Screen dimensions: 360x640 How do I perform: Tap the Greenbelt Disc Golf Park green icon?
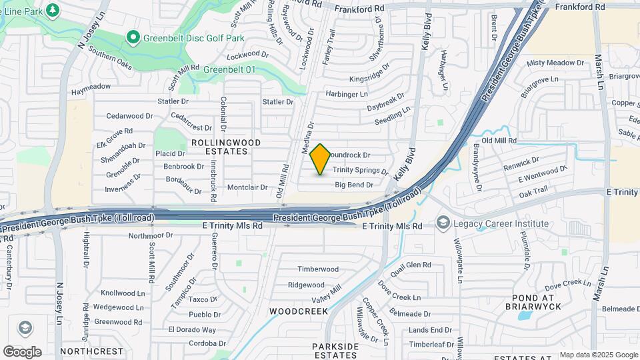tap(133, 37)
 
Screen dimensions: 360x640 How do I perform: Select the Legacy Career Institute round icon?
tap(443, 223)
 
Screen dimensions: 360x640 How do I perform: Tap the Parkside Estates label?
tap(336, 351)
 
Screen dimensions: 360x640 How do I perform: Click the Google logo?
tap(22, 351)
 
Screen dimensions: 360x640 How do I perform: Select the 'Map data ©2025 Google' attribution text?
tap(599, 355)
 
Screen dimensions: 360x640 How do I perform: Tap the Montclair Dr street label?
tap(247, 187)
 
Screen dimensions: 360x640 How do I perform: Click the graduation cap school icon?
tap(25, 328)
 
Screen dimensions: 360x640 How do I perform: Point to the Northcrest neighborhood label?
tap(91, 351)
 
